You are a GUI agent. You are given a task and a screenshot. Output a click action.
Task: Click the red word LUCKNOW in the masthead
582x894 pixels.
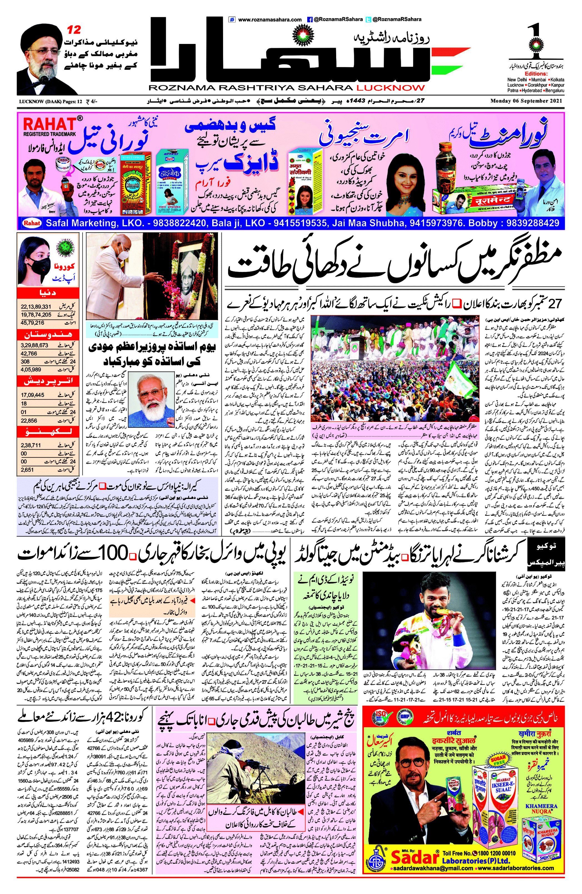(391, 88)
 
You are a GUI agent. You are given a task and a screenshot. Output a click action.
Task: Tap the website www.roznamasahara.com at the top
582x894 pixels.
(269, 19)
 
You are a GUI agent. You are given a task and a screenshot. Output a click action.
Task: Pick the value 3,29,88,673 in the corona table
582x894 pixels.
(34, 345)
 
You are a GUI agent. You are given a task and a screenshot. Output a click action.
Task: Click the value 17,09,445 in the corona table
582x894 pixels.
(33, 395)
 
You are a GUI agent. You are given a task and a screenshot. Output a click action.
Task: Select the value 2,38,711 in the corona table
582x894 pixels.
(31, 445)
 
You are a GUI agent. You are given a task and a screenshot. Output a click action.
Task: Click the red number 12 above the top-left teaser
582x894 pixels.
(74, 30)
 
